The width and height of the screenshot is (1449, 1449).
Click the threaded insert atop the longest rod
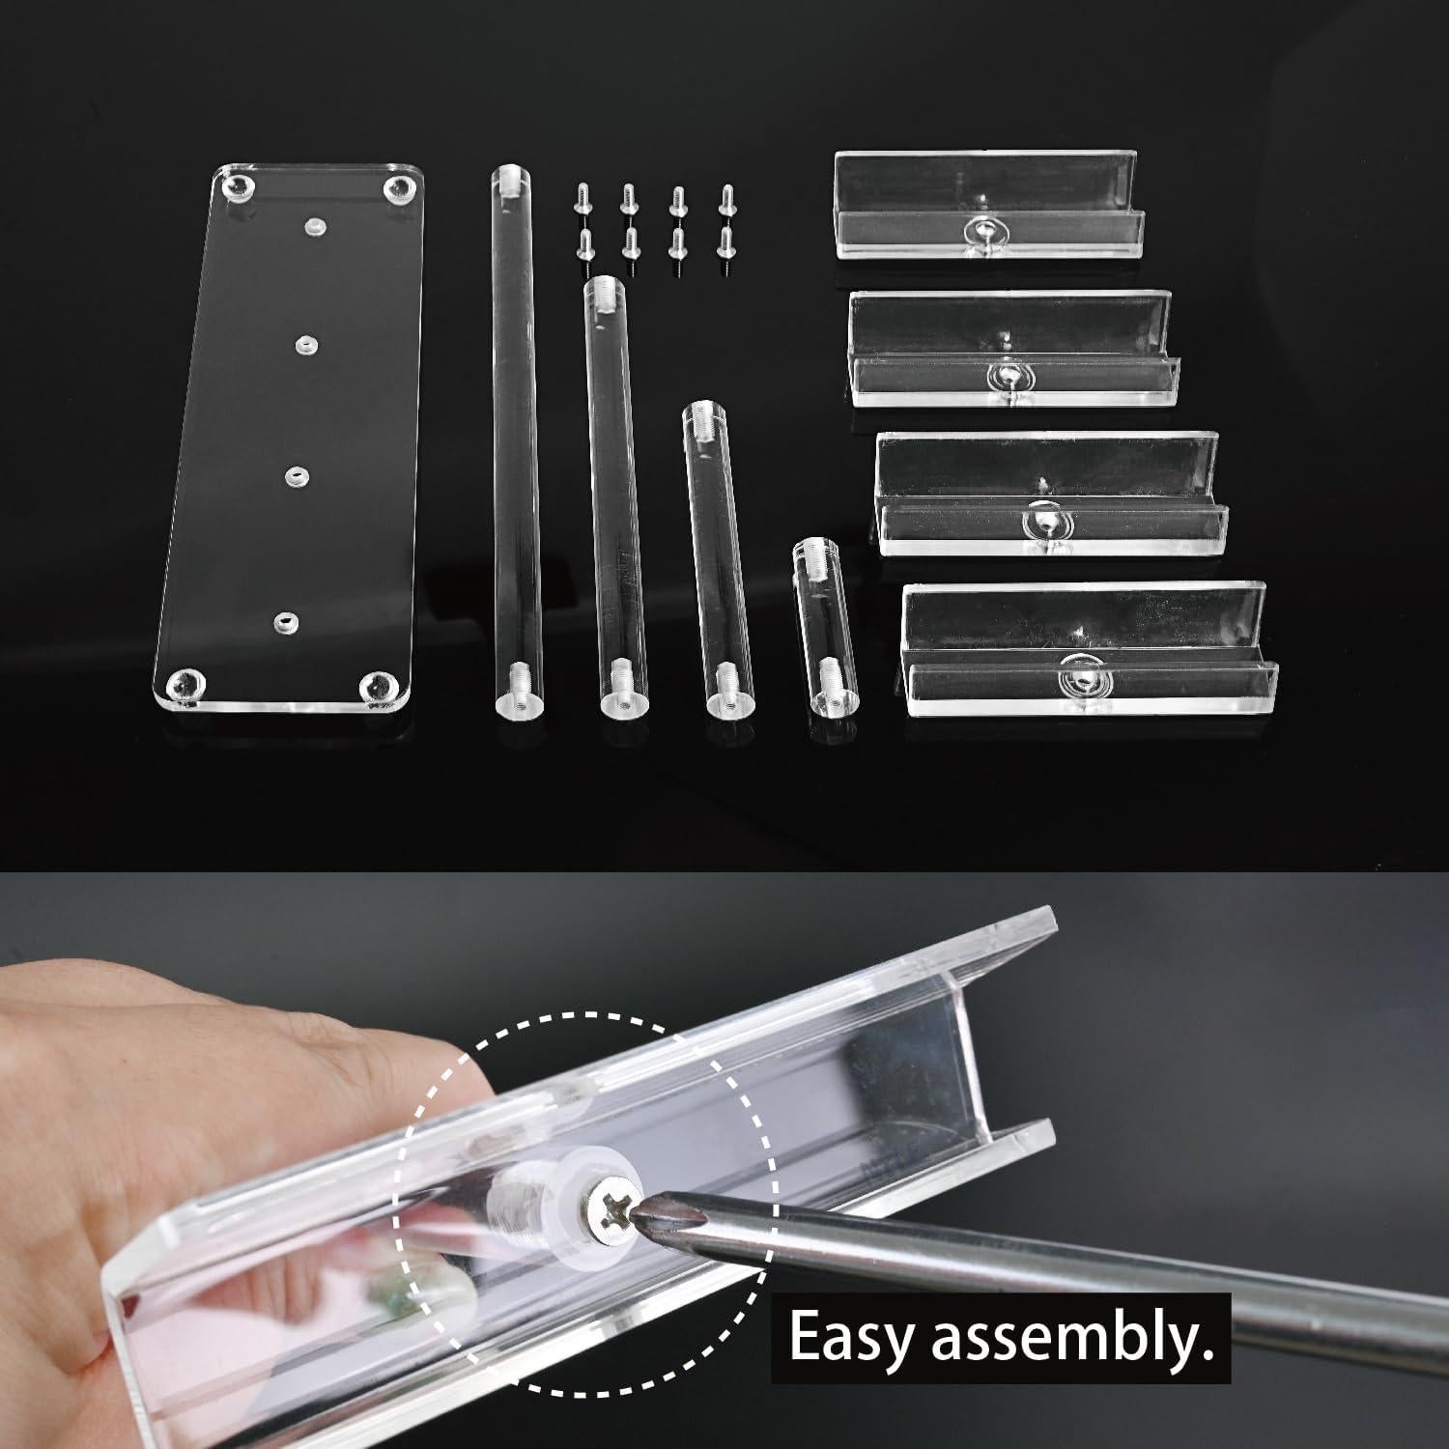pos(509,179)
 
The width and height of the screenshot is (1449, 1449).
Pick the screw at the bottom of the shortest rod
pos(828,672)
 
